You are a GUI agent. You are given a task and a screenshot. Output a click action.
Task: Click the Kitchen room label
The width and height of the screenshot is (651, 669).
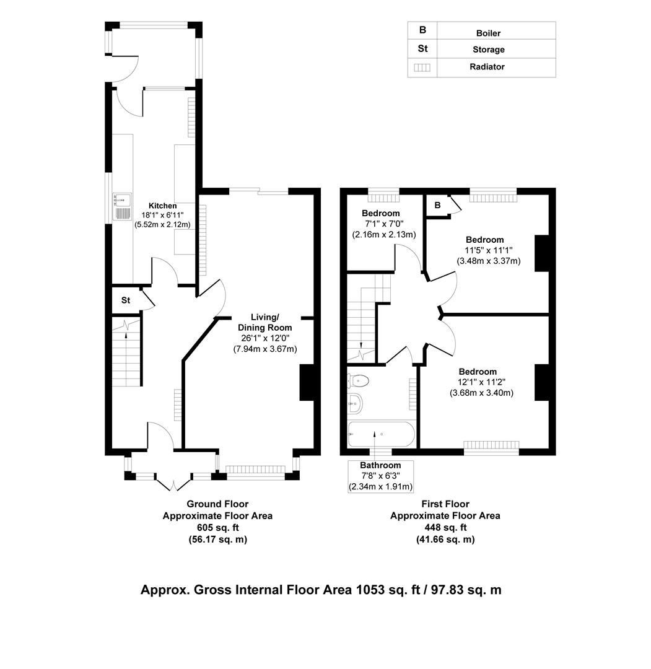(x=162, y=206)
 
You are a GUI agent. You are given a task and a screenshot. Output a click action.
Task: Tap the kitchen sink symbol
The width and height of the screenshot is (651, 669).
(x=122, y=207)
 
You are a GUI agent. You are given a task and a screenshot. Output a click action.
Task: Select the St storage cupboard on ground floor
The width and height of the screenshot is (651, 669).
(x=126, y=300)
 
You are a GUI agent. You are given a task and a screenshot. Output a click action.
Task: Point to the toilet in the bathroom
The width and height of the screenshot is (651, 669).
(x=359, y=380)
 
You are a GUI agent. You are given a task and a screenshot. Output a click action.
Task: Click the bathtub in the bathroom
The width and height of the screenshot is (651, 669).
(x=380, y=434)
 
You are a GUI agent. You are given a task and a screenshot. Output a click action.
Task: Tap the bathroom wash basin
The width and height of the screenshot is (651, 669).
(x=355, y=404)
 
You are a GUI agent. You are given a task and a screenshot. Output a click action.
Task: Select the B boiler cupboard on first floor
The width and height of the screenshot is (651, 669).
(x=437, y=206)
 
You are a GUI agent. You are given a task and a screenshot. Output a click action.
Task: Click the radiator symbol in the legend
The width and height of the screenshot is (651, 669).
(x=422, y=68)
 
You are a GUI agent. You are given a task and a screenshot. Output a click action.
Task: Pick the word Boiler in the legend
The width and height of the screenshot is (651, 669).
(x=488, y=33)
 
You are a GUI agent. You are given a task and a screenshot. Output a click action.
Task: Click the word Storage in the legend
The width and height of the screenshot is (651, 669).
(x=488, y=50)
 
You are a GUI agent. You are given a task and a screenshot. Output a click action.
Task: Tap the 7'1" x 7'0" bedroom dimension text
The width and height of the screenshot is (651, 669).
(x=380, y=224)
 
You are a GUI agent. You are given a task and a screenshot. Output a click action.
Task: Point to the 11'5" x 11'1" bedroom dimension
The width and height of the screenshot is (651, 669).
(x=489, y=250)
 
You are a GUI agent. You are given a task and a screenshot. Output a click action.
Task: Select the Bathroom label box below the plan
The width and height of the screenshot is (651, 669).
(x=380, y=476)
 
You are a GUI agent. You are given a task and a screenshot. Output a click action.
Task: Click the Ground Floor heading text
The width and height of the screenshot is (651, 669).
(x=217, y=504)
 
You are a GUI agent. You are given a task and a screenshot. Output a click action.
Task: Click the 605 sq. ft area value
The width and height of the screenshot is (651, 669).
(x=217, y=528)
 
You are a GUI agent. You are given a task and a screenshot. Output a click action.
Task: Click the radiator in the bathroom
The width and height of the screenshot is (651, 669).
(x=413, y=393)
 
